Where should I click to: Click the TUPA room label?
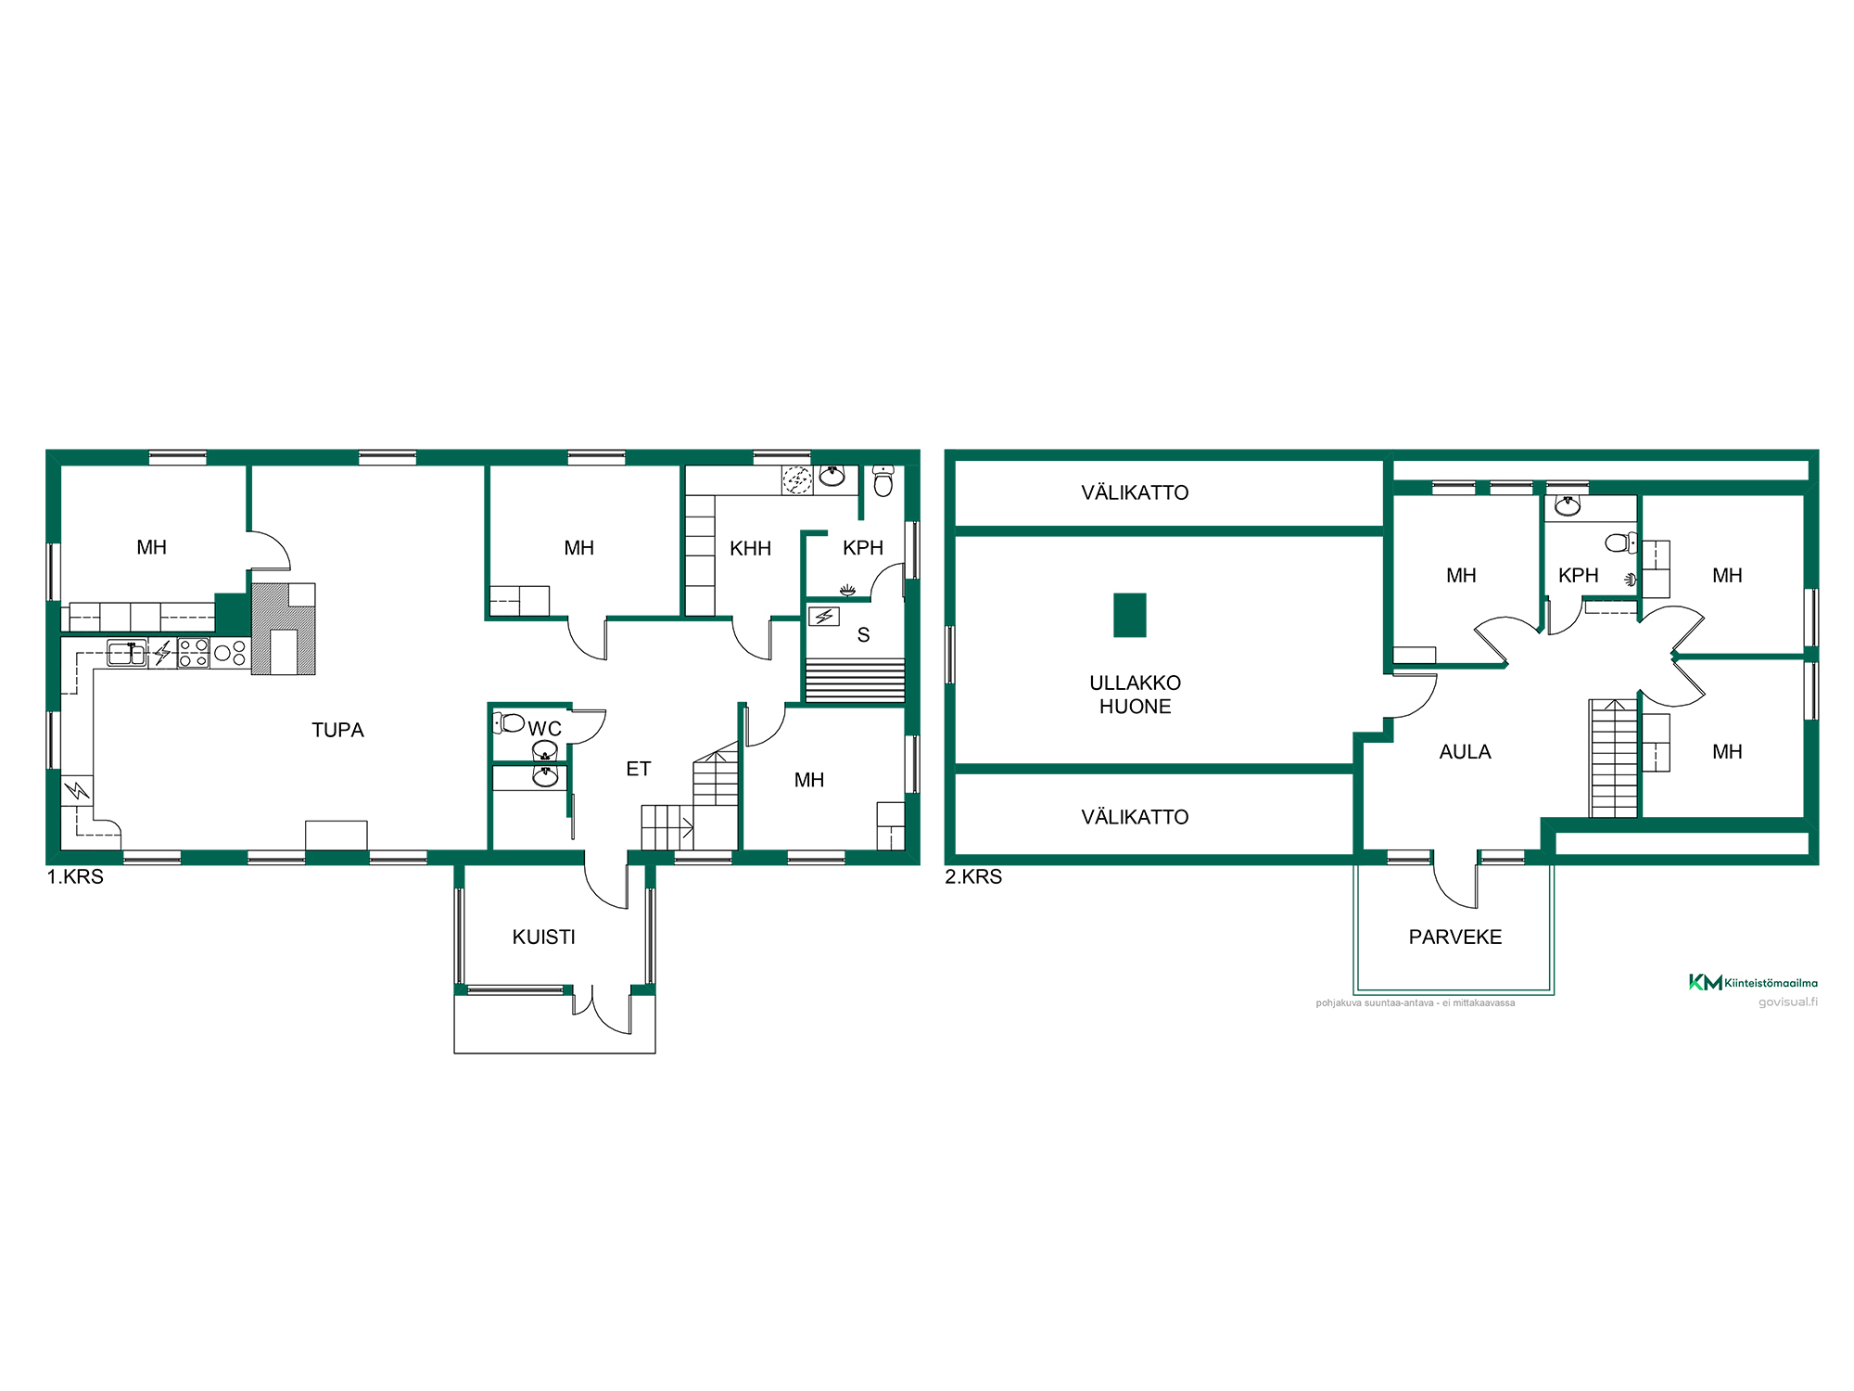click(337, 730)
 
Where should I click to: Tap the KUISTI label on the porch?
click(544, 937)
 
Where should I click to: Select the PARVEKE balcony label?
click(1455, 937)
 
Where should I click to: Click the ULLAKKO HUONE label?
click(1135, 695)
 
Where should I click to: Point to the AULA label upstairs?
click(1465, 752)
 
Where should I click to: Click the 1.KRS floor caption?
click(75, 876)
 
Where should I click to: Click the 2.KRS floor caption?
click(973, 876)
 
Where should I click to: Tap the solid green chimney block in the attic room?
click(1129, 615)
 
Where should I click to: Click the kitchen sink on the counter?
click(127, 653)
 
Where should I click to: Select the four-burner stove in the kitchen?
click(194, 653)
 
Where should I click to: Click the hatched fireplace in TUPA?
click(284, 628)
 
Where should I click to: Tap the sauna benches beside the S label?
click(855, 680)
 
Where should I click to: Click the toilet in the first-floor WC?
click(509, 722)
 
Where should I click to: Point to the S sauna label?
click(863, 635)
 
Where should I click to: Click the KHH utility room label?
click(750, 548)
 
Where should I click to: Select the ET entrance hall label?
click(638, 769)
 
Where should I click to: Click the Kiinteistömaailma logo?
click(1753, 982)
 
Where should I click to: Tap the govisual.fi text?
click(1788, 1002)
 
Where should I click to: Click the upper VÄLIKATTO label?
click(1135, 492)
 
